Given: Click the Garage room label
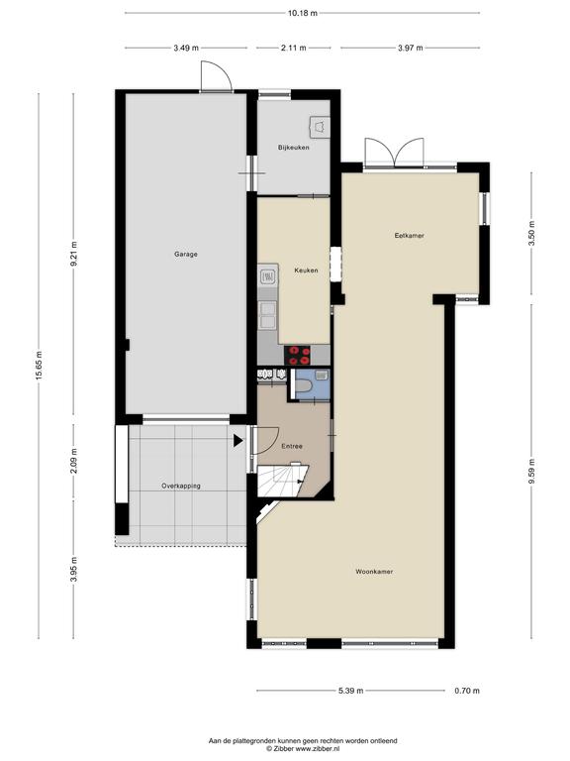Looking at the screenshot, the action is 186,254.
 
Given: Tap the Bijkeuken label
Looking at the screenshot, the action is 293,147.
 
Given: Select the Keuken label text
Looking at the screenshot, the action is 306,271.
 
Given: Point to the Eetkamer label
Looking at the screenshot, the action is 409,236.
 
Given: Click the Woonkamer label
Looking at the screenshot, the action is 374,572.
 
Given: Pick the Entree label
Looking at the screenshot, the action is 292,446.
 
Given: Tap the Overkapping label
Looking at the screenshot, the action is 181,486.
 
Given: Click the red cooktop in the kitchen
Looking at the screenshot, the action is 297,355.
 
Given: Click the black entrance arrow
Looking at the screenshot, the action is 237,441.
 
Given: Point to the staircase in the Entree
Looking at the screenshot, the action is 282,481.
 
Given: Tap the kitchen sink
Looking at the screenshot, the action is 267,276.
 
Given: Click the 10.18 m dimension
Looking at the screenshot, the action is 303,13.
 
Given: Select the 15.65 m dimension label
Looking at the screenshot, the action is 40,366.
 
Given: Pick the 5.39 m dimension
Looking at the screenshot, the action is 350,691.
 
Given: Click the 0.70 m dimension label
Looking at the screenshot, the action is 467,691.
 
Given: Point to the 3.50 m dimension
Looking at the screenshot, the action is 531,234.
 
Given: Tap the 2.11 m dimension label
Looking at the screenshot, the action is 293,48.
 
